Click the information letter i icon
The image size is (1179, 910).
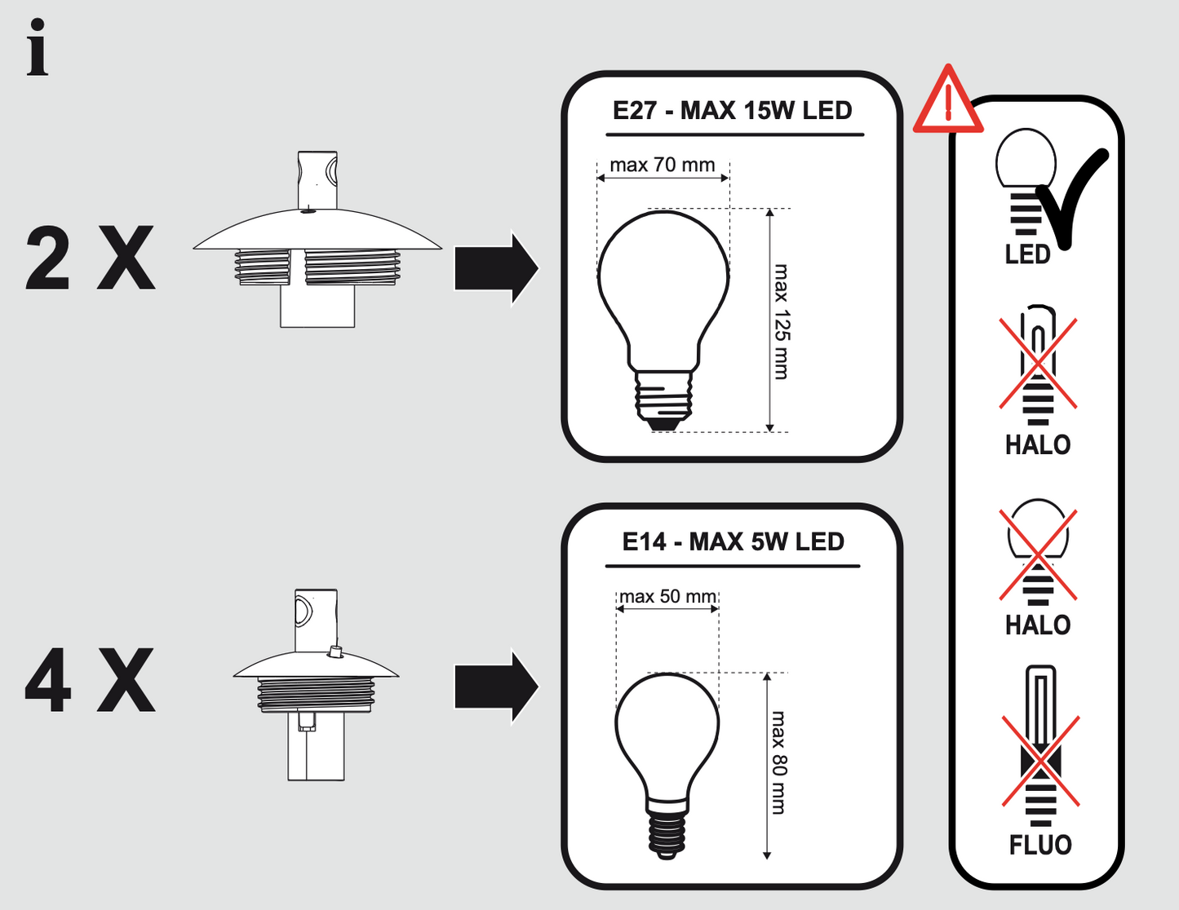(37, 48)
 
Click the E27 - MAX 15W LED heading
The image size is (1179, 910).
(732, 111)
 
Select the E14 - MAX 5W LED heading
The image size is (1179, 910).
(732, 542)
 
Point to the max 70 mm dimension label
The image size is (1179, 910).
(662, 166)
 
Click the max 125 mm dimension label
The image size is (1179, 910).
(782, 321)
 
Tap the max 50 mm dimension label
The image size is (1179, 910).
(667, 597)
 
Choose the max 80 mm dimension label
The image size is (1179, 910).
(779, 762)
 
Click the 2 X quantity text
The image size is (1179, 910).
(90, 259)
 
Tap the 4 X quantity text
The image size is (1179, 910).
(90, 681)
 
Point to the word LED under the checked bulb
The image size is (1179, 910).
(1027, 254)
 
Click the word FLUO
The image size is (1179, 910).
(1040, 845)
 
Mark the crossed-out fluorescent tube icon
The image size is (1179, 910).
(1040, 754)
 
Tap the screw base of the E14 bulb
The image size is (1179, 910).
(667, 828)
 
